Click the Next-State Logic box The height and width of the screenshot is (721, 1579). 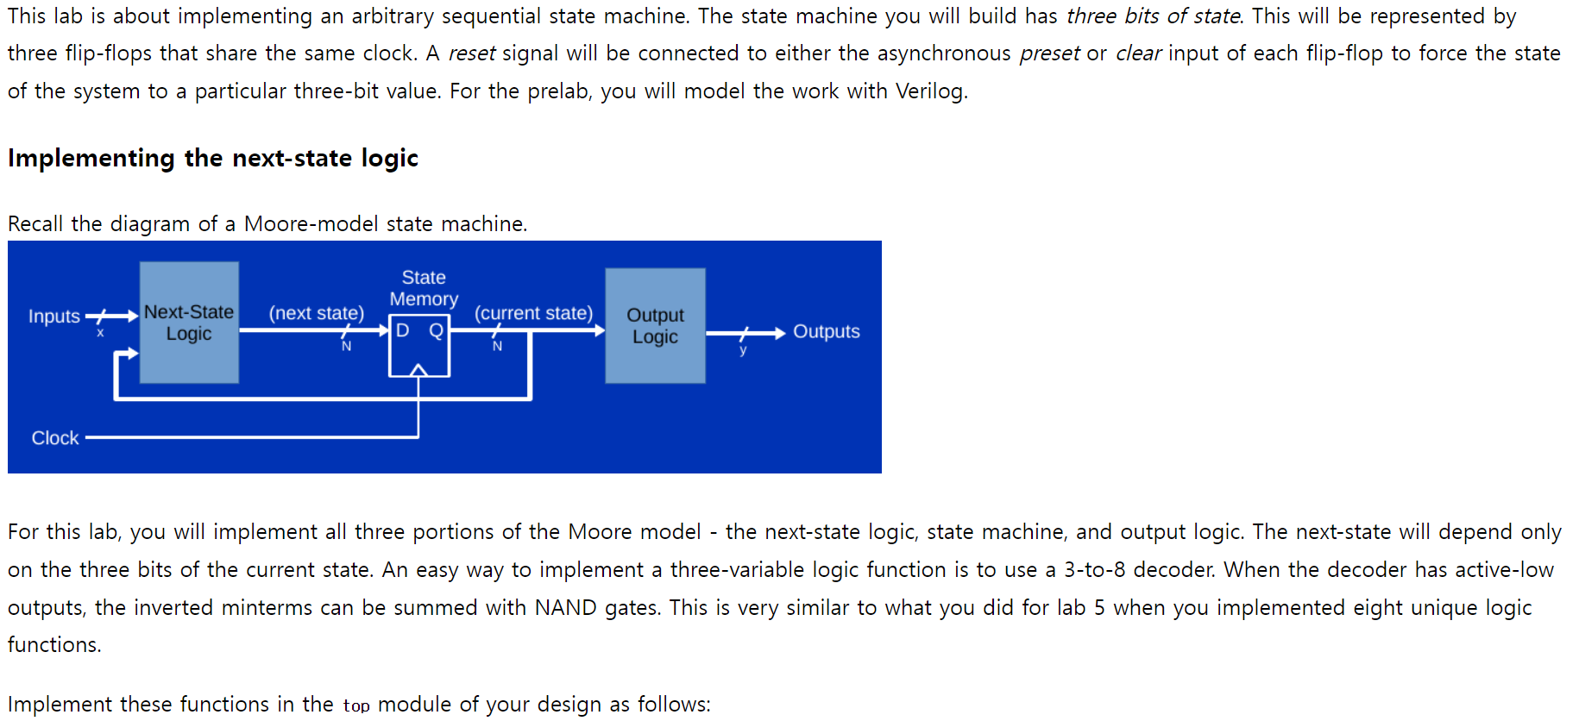point(189,323)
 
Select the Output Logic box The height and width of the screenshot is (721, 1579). point(655,325)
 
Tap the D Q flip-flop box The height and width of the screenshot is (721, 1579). point(418,348)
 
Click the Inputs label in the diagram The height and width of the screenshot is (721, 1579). point(53,317)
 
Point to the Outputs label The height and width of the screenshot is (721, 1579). point(826,332)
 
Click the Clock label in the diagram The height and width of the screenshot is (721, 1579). point(55,438)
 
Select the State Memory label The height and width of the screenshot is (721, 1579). point(424,288)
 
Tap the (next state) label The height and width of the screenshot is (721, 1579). point(316,313)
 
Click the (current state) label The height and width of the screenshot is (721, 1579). point(533,313)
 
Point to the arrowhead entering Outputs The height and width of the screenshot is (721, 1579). point(779,333)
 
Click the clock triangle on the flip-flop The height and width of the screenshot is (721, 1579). point(418,370)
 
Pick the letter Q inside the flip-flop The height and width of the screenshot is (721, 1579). point(437,330)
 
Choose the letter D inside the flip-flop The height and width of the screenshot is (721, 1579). point(402,330)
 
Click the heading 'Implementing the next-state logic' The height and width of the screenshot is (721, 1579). point(213,159)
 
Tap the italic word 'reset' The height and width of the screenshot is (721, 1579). point(471,53)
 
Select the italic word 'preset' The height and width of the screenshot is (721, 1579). point(1049,53)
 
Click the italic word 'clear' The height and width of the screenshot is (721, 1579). point(1138,53)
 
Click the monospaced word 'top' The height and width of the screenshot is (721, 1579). point(355,706)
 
